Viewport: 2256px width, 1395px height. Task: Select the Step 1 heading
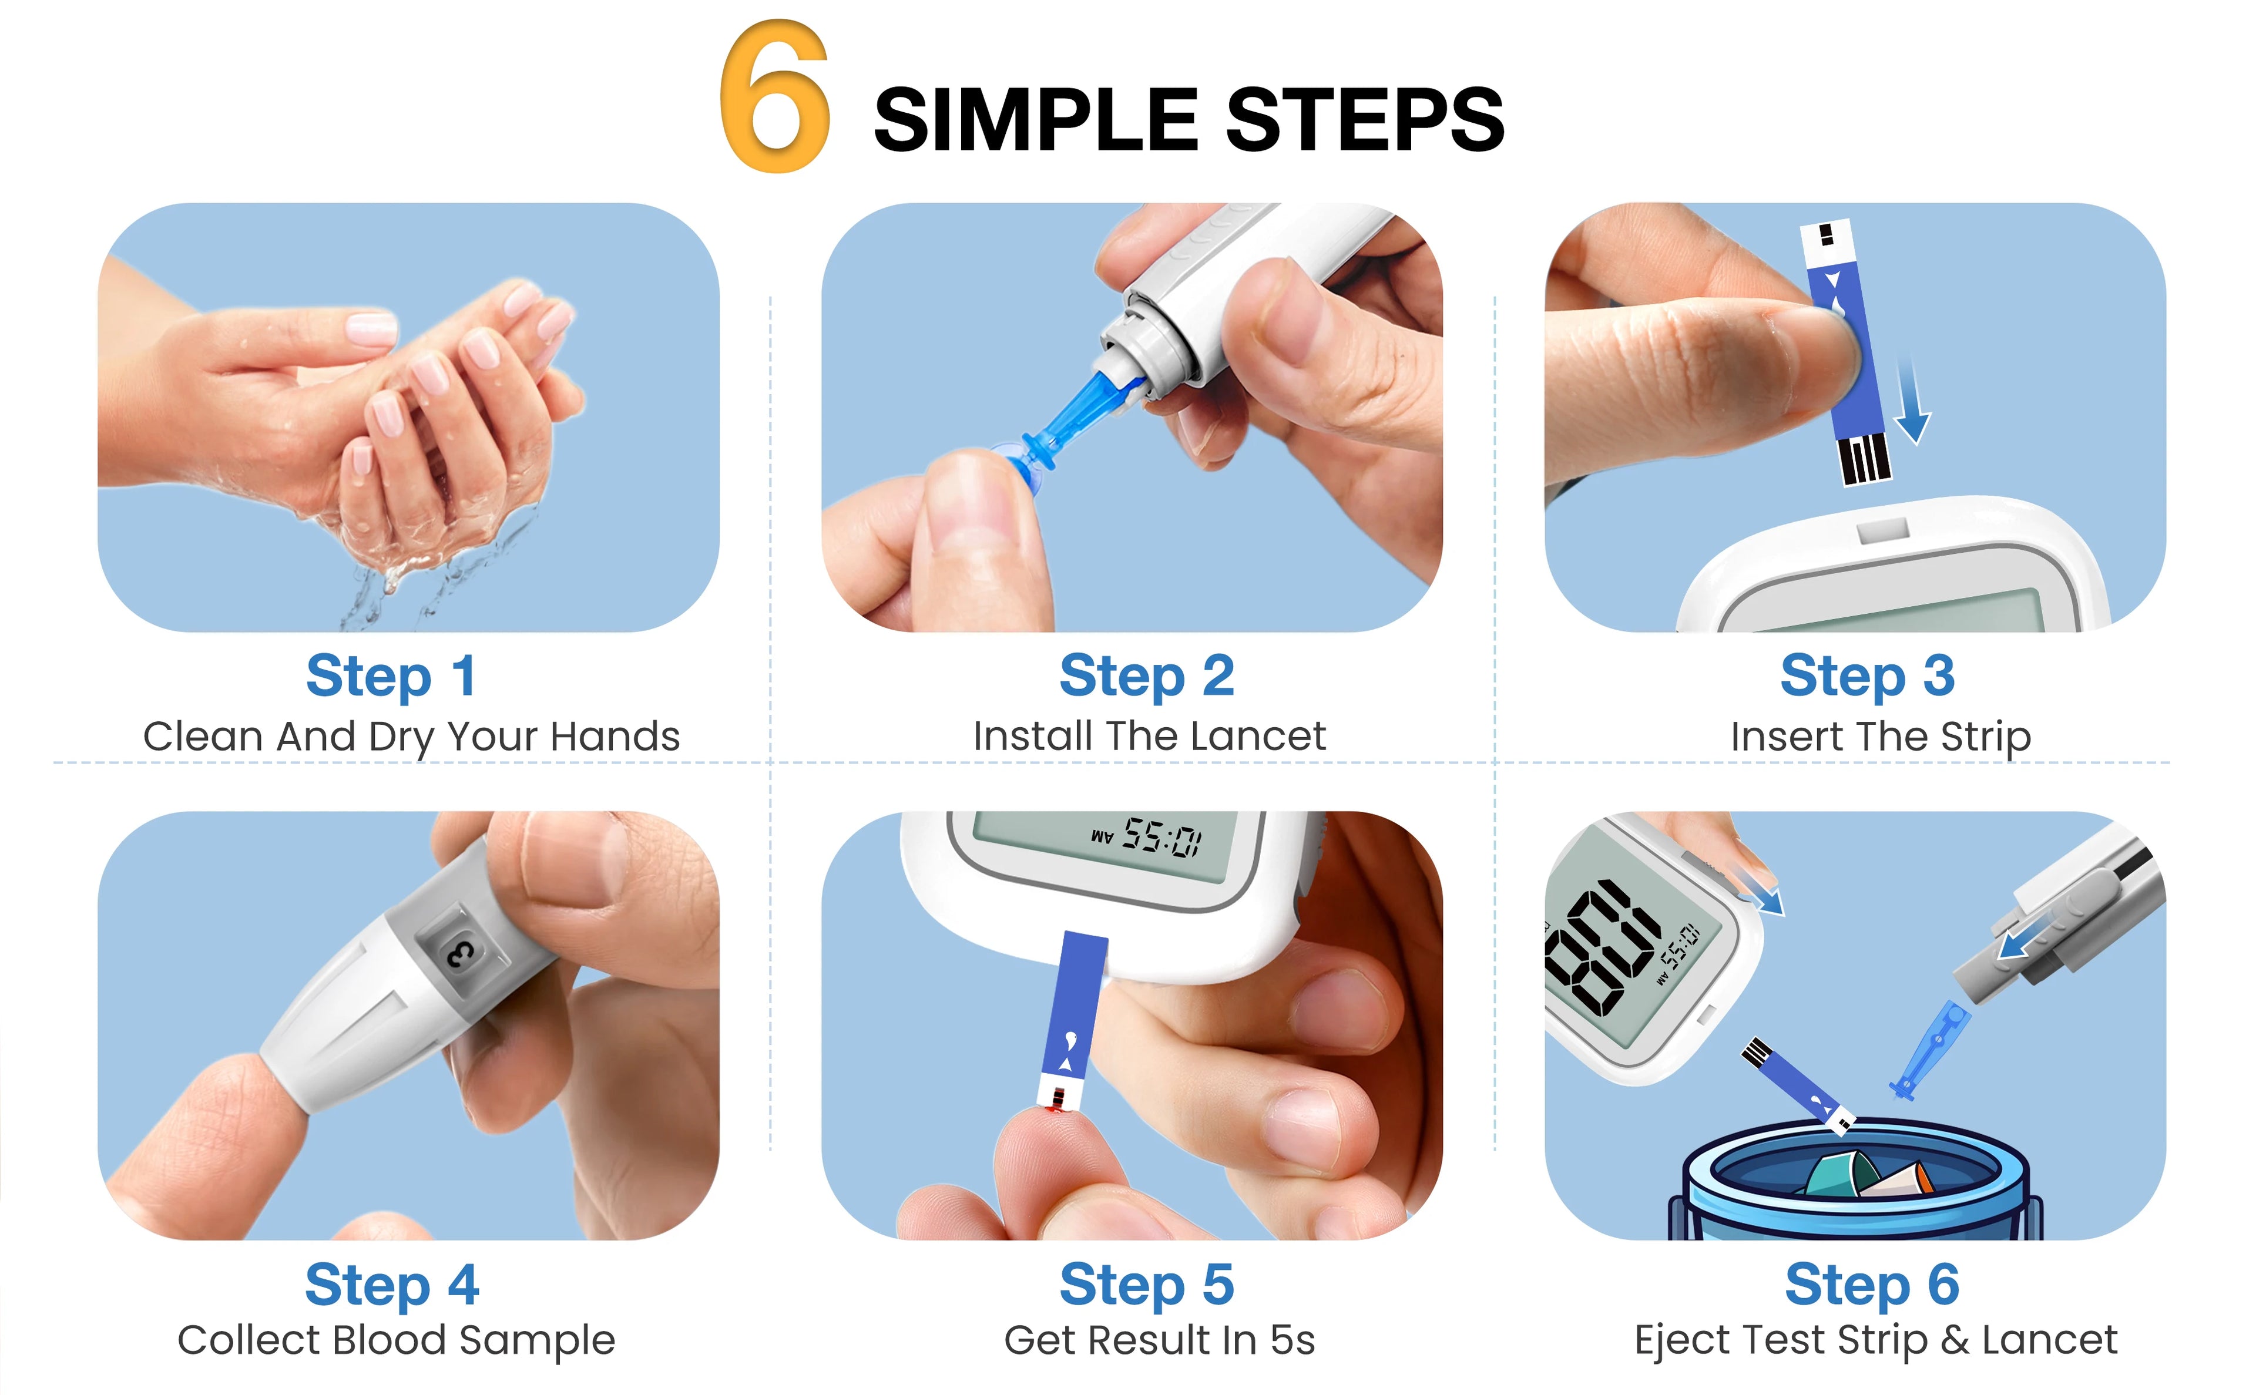click(391, 676)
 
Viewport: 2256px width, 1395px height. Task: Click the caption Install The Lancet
click(1149, 736)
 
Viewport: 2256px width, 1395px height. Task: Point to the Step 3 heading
click(1866, 676)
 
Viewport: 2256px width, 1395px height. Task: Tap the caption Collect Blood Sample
click(396, 1340)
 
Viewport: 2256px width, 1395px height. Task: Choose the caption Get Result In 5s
click(1159, 1340)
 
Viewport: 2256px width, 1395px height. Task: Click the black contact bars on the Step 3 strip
click(1864, 459)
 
